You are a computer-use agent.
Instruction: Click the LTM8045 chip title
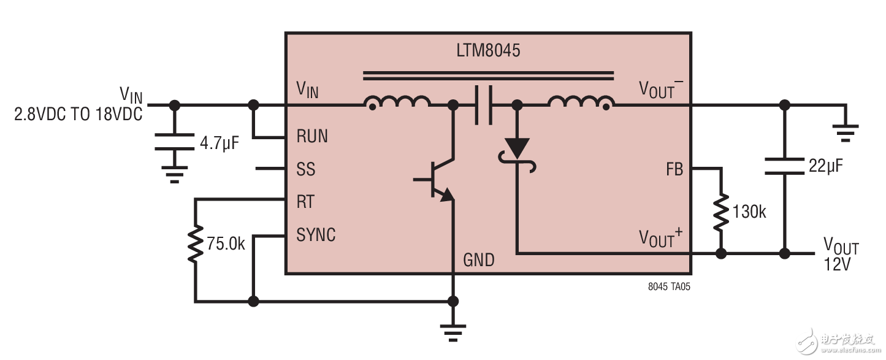pyautogui.click(x=488, y=50)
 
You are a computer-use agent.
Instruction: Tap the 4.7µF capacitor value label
pyautogui.click(x=219, y=145)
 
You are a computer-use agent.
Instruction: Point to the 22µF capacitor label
pyautogui.click(x=822, y=165)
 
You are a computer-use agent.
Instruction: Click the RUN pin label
pyautogui.click(x=312, y=136)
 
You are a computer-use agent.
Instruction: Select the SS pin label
pyautogui.click(x=305, y=169)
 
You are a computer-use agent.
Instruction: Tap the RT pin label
pyautogui.click(x=306, y=202)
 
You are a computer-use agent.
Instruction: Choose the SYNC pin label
pyautogui.click(x=316, y=235)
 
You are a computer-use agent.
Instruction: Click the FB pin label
pyautogui.click(x=674, y=169)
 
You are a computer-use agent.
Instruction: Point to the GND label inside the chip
pyautogui.click(x=478, y=260)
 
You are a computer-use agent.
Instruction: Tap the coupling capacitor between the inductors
pyautogui.click(x=484, y=105)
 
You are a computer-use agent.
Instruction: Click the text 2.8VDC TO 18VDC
pyautogui.click(x=78, y=113)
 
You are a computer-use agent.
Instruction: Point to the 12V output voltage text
pyautogui.click(x=838, y=266)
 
